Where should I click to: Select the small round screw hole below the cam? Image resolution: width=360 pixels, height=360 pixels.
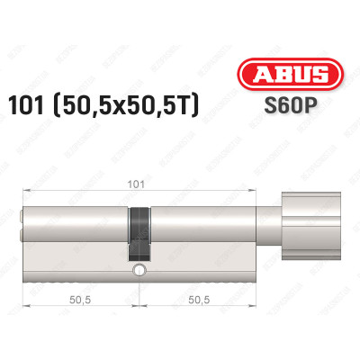pos(139,270)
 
